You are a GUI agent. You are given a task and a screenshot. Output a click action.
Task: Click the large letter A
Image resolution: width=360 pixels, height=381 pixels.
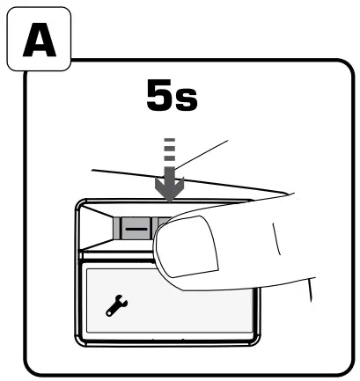click(x=40, y=40)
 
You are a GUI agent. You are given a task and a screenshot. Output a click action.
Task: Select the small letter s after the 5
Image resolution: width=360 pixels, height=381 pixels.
click(x=186, y=99)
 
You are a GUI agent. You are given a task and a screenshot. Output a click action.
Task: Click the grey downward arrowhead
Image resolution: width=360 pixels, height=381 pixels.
click(x=170, y=189)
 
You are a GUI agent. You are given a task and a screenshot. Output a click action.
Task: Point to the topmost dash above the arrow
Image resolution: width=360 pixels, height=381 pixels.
click(x=170, y=140)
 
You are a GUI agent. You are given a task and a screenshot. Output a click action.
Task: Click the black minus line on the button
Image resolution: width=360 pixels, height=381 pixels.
click(x=136, y=229)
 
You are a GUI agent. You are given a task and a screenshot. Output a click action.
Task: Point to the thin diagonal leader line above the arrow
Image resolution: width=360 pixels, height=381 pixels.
click(x=202, y=155)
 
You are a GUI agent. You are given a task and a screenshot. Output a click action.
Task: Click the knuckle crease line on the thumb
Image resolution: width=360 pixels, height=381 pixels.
click(x=276, y=238)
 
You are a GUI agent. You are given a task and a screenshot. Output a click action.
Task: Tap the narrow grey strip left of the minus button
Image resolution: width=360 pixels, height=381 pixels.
click(x=117, y=228)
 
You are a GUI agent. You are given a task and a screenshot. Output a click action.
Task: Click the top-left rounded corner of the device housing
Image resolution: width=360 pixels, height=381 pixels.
click(x=80, y=204)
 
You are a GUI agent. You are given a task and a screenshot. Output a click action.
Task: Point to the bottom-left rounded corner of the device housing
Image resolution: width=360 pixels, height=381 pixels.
click(x=80, y=341)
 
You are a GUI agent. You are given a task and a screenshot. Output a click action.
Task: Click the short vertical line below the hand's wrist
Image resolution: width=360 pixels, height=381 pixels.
click(x=310, y=289)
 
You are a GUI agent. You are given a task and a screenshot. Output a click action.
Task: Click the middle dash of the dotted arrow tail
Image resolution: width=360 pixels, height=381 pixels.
click(x=170, y=149)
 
